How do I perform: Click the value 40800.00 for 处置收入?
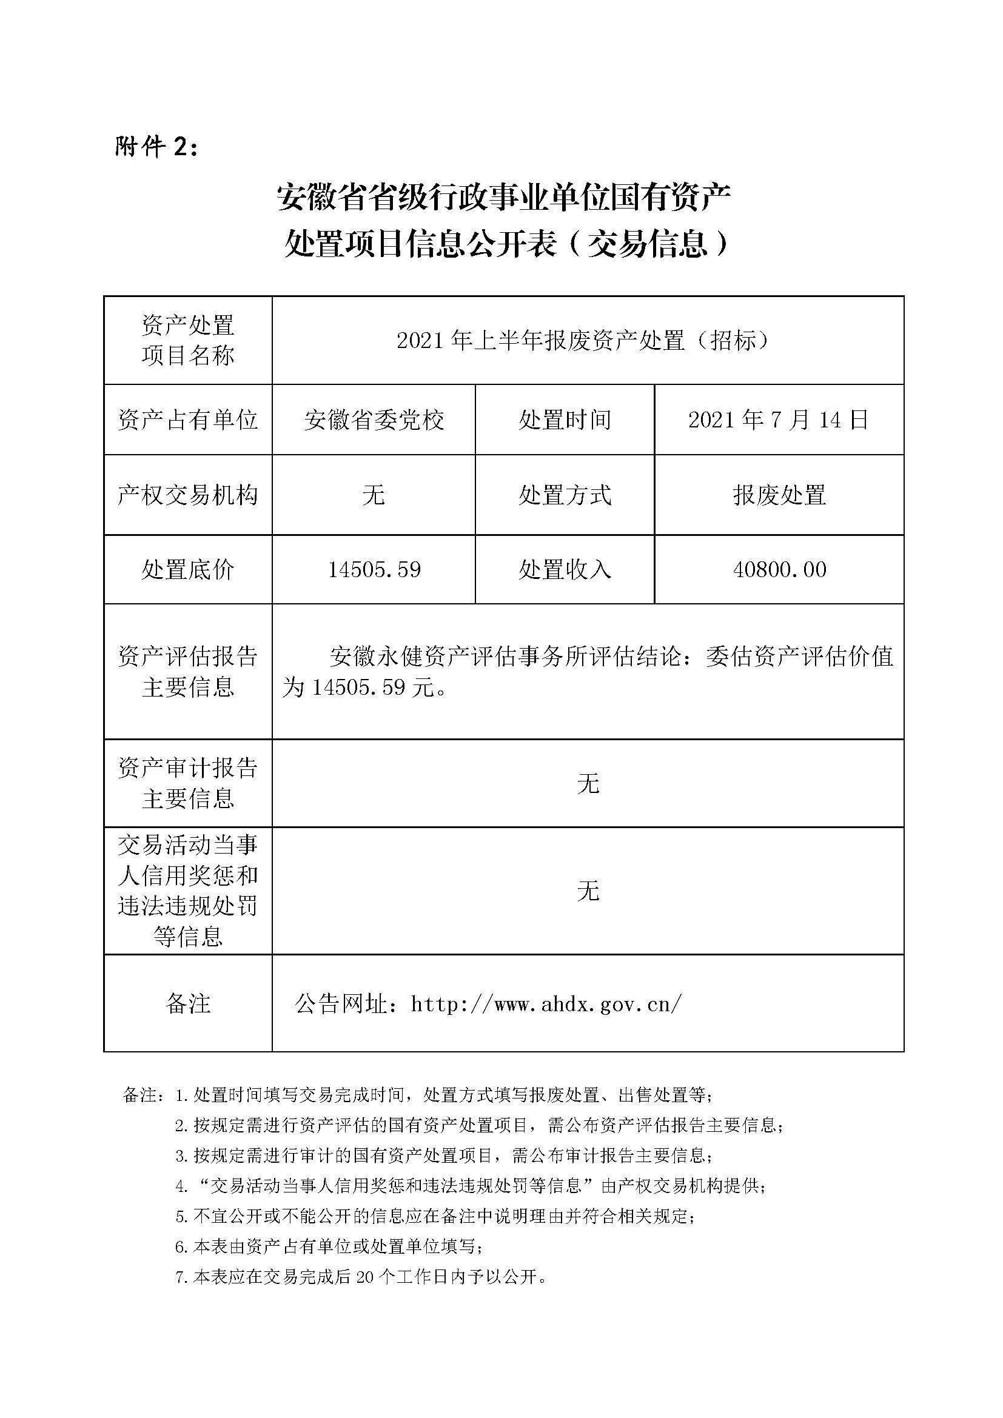pyautogui.click(x=779, y=569)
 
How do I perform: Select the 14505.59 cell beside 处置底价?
pyautogui.click(x=374, y=569)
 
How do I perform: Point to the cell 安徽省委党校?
pyautogui.click(x=374, y=420)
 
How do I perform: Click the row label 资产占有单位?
pyautogui.click(x=188, y=420)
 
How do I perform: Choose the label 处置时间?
pyautogui.click(x=565, y=420)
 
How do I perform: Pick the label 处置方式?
pyautogui.click(x=565, y=495)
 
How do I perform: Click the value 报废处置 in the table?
pyautogui.click(x=779, y=495)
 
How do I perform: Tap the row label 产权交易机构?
pyautogui.click(x=188, y=495)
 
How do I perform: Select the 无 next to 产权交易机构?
pyautogui.click(x=374, y=495)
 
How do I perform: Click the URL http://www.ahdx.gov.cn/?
pyautogui.click(x=546, y=1004)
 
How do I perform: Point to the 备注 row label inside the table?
pyautogui.click(x=188, y=1004)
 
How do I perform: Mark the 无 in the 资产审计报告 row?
pyautogui.click(x=588, y=784)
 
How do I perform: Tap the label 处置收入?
pyautogui.click(x=565, y=569)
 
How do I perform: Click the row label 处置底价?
pyautogui.click(x=188, y=569)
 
